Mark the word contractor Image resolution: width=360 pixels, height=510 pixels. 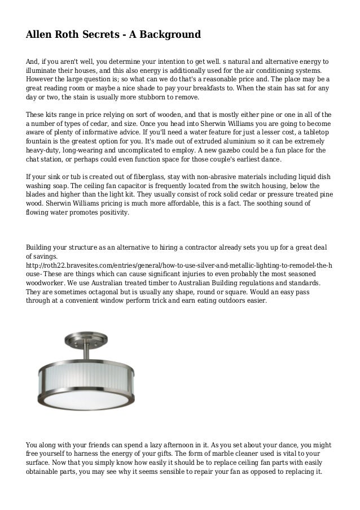coord(200,247)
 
